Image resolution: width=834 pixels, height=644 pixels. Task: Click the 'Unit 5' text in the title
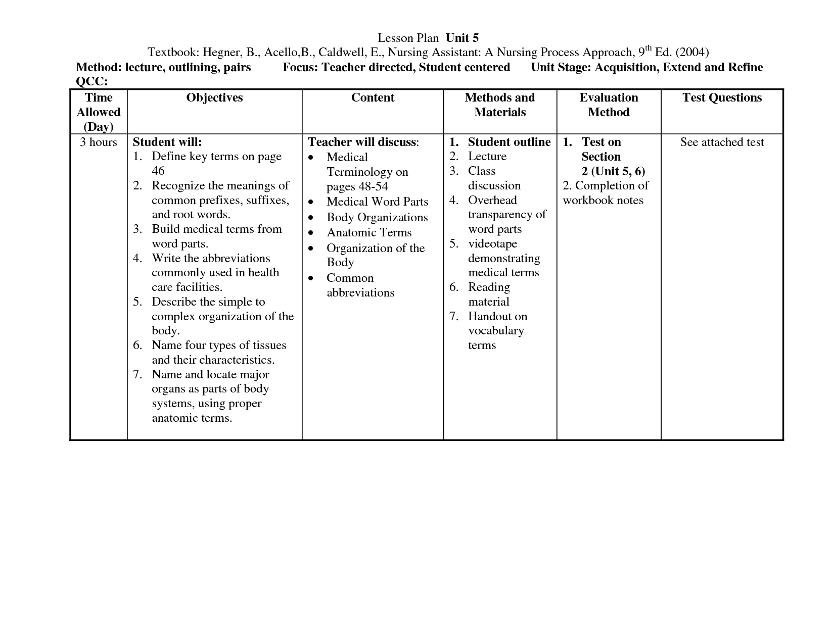[462, 38]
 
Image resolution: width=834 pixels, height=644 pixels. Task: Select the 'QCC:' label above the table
[91, 82]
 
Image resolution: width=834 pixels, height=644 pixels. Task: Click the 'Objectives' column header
[214, 97]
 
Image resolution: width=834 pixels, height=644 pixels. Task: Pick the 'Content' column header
[373, 97]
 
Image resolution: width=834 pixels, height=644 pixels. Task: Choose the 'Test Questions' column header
[722, 97]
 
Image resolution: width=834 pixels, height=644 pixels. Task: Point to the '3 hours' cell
[99, 142]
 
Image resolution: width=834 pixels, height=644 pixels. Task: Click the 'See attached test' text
[722, 142]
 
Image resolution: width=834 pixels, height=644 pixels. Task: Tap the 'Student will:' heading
[167, 142]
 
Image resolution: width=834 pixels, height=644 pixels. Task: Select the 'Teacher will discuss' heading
[362, 142]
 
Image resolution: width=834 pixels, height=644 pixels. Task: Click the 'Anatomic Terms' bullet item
[369, 232]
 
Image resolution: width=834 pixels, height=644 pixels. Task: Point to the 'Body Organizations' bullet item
[377, 217]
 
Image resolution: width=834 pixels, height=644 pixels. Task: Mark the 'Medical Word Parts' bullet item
[377, 202]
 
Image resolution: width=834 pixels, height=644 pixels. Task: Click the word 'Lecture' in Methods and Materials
[487, 157]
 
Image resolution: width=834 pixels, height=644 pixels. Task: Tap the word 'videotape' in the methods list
[492, 243]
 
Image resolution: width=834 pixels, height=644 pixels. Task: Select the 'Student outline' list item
[509, 142]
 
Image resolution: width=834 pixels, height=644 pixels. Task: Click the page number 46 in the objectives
[158, 171]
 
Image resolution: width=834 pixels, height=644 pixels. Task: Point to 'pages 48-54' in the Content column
[357, 186]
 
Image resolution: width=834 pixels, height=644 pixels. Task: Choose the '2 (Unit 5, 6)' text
[613, 171]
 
